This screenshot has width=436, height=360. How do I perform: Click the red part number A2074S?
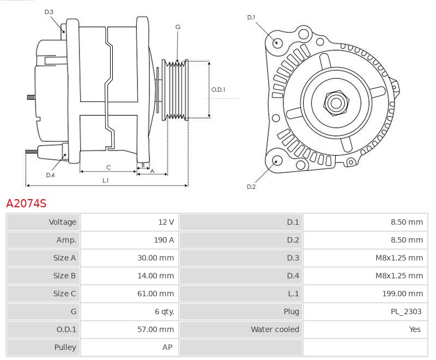click(26, 203)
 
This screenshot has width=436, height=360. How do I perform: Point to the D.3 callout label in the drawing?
click(49, 11)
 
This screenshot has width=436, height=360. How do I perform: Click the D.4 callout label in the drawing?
click(50, 175)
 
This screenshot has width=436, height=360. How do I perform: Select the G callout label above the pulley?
click(178, 27)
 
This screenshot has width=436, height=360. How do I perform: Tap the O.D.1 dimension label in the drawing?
click(218, 89)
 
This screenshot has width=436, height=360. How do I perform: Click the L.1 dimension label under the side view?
click(105, 180)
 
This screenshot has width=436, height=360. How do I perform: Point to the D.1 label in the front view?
click(251, 17)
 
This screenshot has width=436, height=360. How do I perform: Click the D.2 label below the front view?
click(251, 187)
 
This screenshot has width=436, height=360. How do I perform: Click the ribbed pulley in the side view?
click(176, 89)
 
